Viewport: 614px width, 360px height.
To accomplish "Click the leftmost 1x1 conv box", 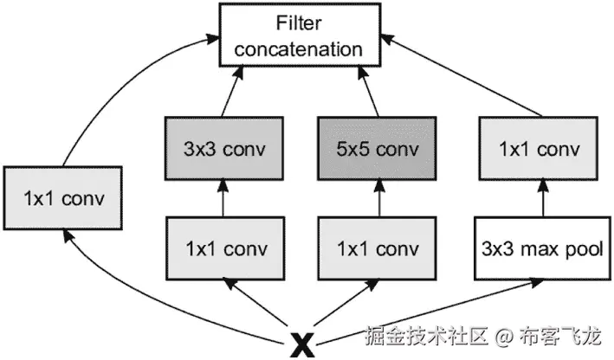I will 66,198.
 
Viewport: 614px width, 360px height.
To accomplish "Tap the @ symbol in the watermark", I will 506,335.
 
